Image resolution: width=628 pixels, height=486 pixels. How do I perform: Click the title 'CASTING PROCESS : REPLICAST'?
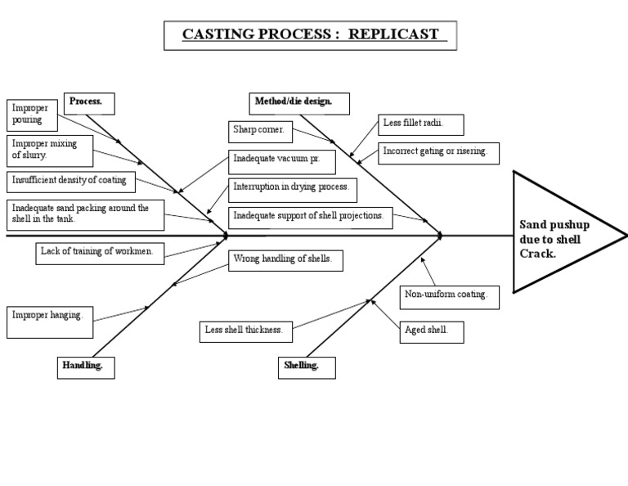(x=310, y=35)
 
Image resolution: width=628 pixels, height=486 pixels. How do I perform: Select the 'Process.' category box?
(x=88, y=103)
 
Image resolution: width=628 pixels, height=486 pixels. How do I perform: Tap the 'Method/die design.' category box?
(x=300, y=103)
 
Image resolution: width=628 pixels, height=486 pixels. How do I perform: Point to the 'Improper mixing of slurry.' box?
(x=50, y=149)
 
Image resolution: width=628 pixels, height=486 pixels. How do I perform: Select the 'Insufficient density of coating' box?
(x=71, y=180)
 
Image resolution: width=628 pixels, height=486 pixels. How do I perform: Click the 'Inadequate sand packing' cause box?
(x=85, y=214)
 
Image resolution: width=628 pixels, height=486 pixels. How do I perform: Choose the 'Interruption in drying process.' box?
(x=291, y=187)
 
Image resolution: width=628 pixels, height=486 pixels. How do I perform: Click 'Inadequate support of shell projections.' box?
(x=310, y=217)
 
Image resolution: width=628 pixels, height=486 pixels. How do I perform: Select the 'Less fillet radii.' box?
(x=421, y=124)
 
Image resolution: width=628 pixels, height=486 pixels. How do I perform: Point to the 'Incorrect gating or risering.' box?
(x=437, y=153)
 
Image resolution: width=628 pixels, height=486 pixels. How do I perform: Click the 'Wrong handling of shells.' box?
(x=284, y=260)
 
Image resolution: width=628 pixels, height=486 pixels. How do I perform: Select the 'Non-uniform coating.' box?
(x=449, y=295)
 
